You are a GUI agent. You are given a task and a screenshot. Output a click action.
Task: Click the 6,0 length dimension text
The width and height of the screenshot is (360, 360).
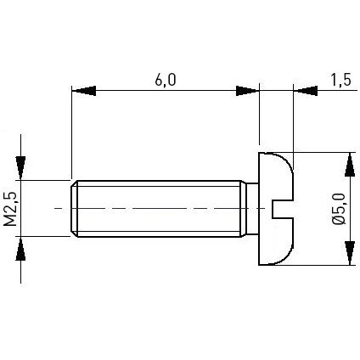coord(166,80)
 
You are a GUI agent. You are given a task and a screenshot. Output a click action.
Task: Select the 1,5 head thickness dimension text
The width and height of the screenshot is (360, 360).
coord(341,80)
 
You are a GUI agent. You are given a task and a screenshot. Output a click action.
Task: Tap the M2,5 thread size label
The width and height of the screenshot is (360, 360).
coord(10,209)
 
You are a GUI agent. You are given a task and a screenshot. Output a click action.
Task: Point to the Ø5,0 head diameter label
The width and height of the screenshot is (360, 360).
coord(339,209)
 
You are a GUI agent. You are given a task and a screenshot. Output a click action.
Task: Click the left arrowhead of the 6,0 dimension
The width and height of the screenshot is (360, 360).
coord(84,91)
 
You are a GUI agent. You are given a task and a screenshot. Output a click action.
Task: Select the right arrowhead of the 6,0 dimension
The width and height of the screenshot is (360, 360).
coord(247,91)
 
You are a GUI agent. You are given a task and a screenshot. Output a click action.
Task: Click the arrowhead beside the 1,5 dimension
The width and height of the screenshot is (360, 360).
coord(306,91)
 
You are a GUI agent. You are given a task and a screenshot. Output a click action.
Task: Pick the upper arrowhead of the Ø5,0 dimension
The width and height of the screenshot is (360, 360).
coord(350,165)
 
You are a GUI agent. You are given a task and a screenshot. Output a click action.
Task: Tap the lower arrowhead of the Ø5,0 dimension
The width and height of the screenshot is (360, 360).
coord(350,253)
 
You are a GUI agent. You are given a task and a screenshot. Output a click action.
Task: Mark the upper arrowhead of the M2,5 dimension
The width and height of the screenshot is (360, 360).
coord(20,167)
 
